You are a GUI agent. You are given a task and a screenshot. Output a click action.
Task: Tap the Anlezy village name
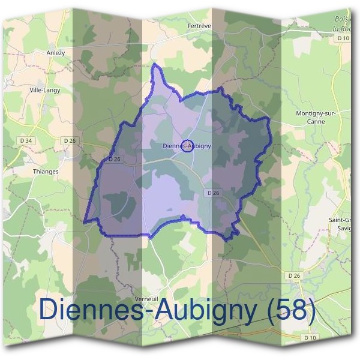pyautogui.click(x=56, y=52)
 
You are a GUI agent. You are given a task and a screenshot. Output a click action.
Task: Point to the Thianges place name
pyautogui.click(x=45, y=171)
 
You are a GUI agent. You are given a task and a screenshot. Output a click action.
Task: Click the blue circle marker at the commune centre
pyautogui.click(x=187, y=145)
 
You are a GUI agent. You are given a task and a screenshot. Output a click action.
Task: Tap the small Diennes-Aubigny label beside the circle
pyautogui.click(x=187, y=145)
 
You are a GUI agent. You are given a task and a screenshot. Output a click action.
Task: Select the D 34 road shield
pyautogui.click(x=26, y=141)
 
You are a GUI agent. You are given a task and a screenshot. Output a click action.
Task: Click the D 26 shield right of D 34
pyautogui.click(x=70, y=141)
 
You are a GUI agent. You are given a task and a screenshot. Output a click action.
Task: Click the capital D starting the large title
pyautogui.click(x=51, y=310)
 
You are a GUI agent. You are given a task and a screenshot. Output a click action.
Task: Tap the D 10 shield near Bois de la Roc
pyautogui.click(x=343, y=38)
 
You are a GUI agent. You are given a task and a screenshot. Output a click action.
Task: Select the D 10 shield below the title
pyautogui.click(x=310, y=338)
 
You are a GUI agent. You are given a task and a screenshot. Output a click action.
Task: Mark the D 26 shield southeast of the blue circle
pyautogui.click(x=214, y=193)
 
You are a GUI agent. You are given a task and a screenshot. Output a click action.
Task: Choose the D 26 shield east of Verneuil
pyautogui.click(x=293, y=275)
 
